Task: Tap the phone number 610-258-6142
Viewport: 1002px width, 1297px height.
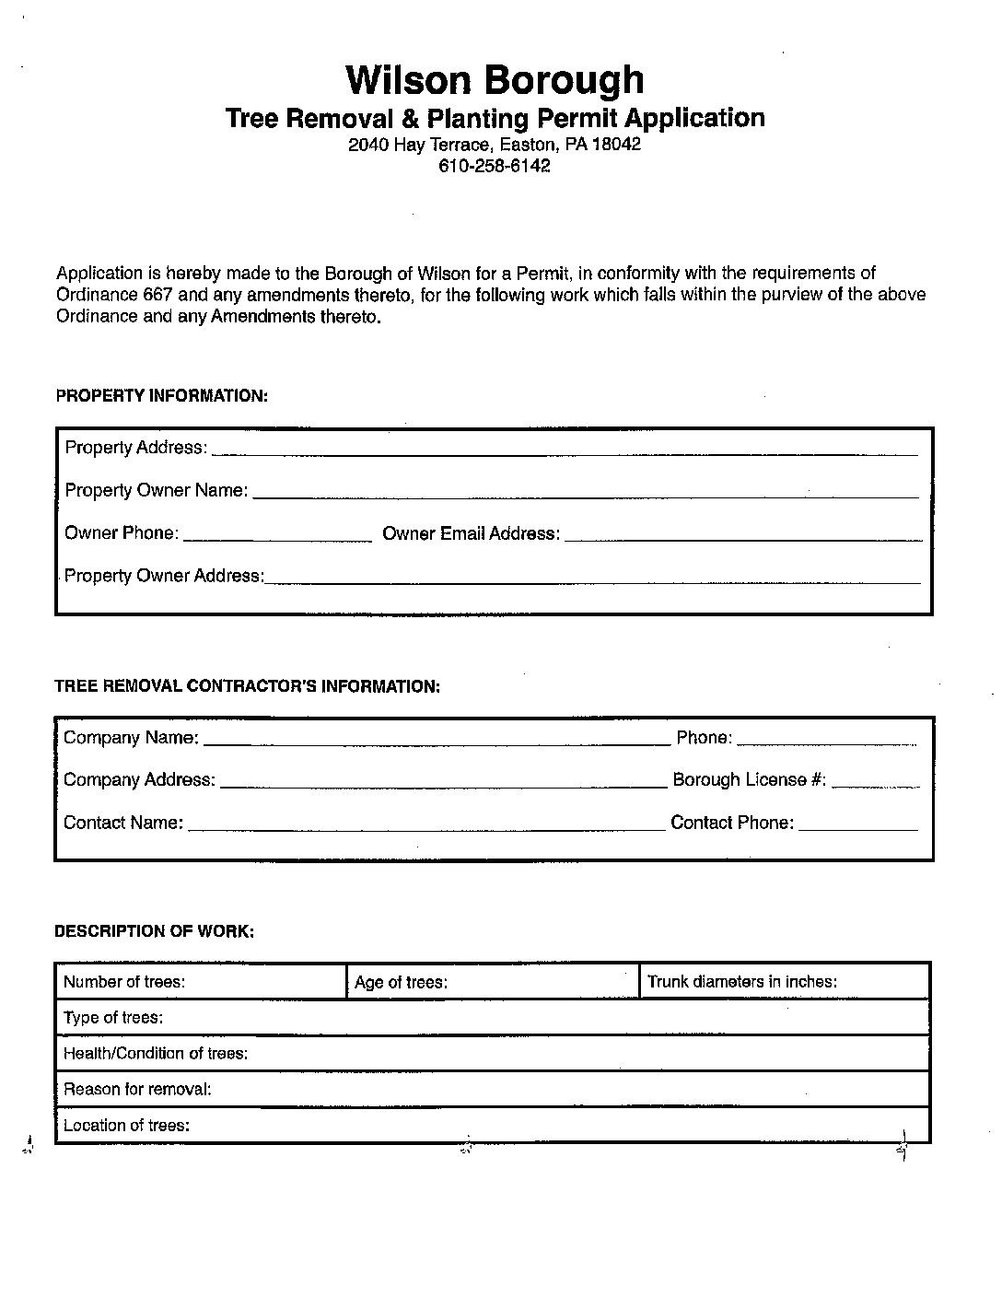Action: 495,167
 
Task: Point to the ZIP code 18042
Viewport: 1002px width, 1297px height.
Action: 616,145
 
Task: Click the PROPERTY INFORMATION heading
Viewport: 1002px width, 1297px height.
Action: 162,396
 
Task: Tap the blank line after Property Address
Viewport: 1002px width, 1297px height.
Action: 564,451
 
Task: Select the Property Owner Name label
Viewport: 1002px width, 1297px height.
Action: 156,490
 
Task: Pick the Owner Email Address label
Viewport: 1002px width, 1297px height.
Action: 471,533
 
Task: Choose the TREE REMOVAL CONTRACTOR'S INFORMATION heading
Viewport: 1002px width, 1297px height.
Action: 248,686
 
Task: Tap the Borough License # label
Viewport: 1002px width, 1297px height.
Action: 749,780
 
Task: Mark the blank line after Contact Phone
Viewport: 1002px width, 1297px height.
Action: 857,827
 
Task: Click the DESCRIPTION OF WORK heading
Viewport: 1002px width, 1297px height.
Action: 155,931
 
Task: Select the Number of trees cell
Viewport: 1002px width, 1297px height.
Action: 201,982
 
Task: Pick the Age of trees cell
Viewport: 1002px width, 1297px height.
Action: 492,982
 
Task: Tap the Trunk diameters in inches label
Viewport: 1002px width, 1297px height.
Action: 741,982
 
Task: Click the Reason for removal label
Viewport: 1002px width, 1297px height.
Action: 137,1090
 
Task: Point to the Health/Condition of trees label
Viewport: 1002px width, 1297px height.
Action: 156,1054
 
